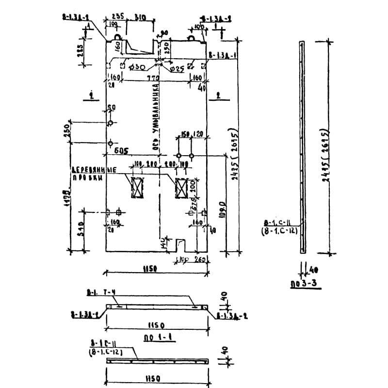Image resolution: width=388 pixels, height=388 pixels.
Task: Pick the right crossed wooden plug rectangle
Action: pos(181,188)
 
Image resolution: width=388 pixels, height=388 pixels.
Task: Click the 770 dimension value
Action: pos(153,78)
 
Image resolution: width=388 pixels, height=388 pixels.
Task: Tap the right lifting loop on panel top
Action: pos(192,36)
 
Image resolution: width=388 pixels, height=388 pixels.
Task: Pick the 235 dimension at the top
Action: pos(119,16)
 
